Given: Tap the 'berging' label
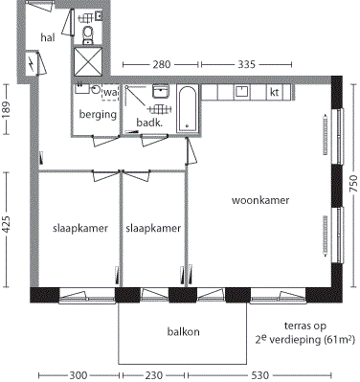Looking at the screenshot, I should tap(97, 114).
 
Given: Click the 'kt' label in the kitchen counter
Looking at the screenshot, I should tap(275, 93).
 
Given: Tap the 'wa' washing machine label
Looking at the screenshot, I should tap(110, 93).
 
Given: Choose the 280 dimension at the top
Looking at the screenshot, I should tap(162, 64).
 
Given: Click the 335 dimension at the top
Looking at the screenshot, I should tap(245, 64).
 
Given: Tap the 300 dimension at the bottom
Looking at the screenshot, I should tap(78, 375).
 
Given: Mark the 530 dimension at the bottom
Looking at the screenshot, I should tap(259, 375).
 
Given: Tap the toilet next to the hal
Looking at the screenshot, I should tap(88, 35).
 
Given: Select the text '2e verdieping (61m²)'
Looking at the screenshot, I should tap(299, 339).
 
